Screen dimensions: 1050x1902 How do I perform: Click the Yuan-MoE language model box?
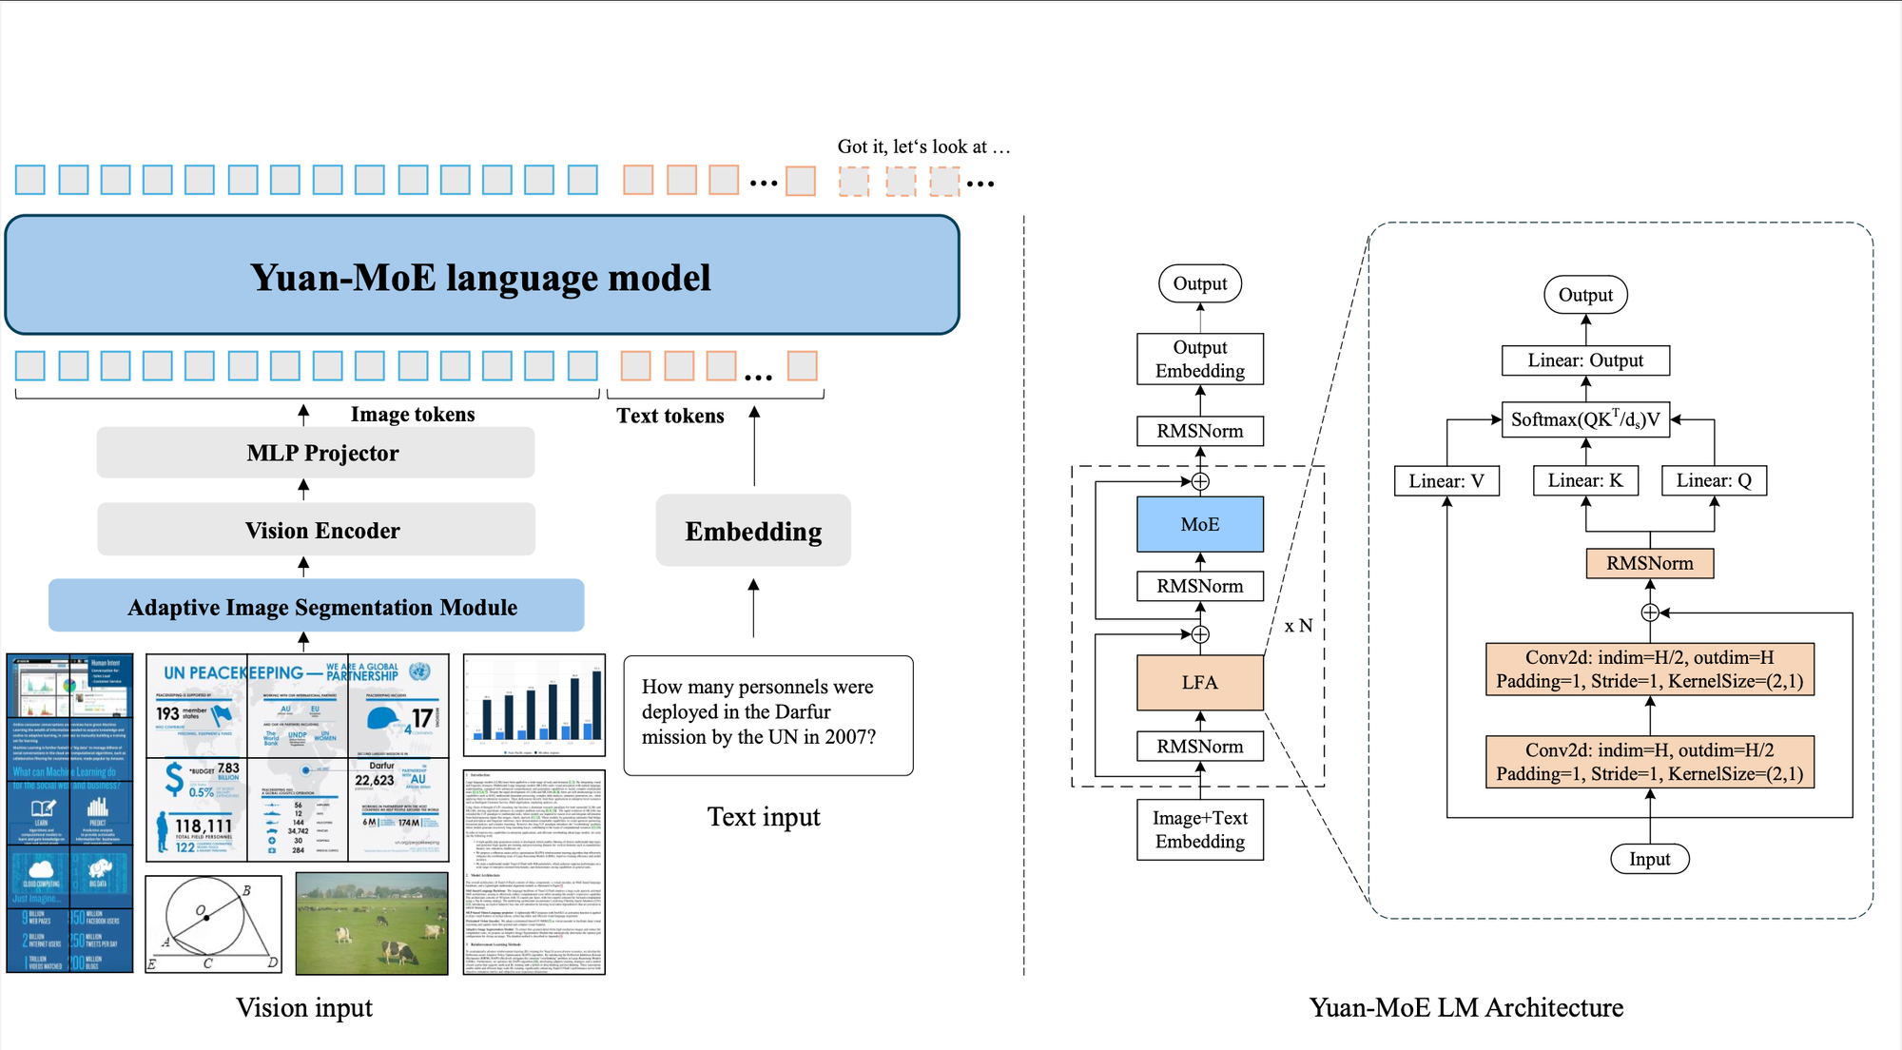(482, 276)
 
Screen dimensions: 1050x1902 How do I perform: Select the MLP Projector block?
(316, 453)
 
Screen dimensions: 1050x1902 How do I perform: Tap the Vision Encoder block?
(316, 530)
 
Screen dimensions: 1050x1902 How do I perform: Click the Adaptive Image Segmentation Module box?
(317, 606)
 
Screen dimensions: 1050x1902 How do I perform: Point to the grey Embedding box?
(753, 531)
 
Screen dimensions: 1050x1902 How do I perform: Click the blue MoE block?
(1200, 524)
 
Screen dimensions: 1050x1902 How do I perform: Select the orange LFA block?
(1200, 682)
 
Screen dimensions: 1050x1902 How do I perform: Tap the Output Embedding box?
(1200, 359)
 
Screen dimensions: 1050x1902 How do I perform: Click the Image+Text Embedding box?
(1200, 829)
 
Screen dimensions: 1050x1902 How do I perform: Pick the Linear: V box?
(1446, 480)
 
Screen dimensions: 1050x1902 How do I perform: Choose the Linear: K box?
(1585, 480)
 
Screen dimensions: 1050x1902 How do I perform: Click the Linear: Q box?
(1714, 480)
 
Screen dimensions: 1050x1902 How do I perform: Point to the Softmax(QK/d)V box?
(1585, 419)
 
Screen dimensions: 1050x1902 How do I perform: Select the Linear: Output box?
(1585, 360)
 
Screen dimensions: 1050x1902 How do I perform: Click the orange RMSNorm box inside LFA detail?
(1650, 563)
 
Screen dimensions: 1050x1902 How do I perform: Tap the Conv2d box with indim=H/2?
(1650, 669)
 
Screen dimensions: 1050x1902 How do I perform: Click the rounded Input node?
(1650, 859)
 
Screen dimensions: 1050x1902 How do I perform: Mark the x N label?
(1298, 626)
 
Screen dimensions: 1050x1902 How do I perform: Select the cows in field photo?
(372, 924)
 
